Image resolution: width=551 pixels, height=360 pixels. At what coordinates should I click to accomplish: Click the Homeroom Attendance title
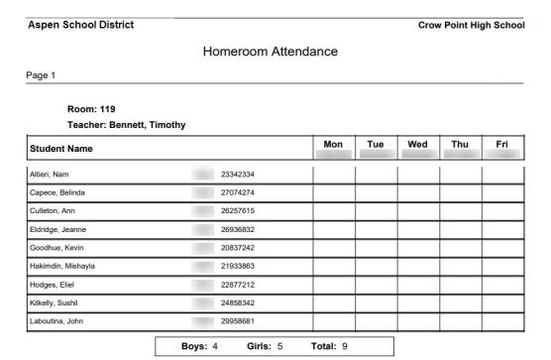click(270, 51)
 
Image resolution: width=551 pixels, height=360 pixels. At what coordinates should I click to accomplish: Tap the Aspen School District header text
click(81, 25)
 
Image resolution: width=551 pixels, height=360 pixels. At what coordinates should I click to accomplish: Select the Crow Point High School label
click(471, 25)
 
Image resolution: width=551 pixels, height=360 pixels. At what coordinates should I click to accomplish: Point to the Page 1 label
click(41, 74)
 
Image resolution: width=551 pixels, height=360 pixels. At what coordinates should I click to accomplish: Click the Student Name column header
click(66, 150)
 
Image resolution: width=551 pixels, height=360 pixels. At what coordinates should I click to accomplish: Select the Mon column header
click(333, 145)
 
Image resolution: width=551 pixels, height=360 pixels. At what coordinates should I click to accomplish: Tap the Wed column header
click(418, 145)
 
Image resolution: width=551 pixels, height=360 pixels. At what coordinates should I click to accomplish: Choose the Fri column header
click(501, 145)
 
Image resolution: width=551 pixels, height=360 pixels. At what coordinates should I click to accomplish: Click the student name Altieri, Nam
click(50, 175)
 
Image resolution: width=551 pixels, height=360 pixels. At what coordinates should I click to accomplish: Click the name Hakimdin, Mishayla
click(61, 267)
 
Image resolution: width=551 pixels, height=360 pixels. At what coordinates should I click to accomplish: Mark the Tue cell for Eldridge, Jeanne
click(376, 230)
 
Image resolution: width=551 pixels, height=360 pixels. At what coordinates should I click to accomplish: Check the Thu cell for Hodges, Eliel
click(460, 285)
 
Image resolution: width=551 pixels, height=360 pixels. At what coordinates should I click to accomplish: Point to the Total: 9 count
click(329, 346)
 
